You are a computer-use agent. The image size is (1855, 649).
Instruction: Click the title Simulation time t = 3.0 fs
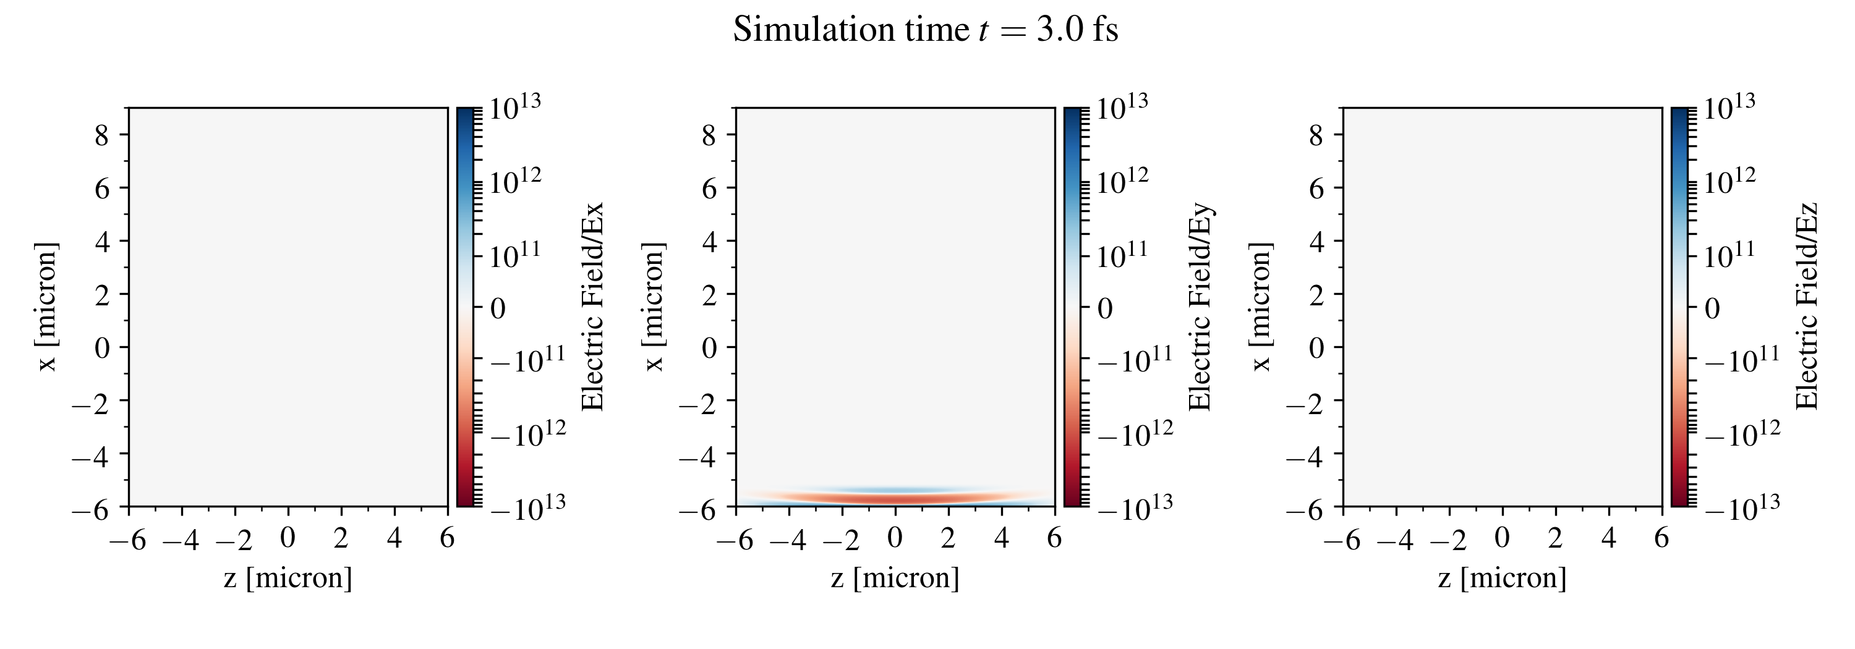[x=926, y=30]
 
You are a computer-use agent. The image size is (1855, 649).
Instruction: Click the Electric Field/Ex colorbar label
[x=592, y=307]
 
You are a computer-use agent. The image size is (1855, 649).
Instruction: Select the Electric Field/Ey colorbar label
[x=1200, y=307]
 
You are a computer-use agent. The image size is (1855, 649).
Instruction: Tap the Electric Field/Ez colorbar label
[x=1807, y=307]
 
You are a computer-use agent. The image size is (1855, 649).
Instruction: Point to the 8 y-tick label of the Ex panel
[x=101, y=135]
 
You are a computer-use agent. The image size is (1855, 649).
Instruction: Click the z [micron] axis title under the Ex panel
[x=288, y=578]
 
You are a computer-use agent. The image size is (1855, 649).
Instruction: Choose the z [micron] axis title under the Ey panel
[x=895, y=578]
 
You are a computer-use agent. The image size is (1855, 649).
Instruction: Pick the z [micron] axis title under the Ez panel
[x=1503, y=578]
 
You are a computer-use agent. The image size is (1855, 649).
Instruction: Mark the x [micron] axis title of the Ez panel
[x=1261, y=307]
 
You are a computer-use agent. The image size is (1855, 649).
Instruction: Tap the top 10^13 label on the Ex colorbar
[x=515, y=108]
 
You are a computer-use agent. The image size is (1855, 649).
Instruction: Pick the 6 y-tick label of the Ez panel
[x=1316, y=189]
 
